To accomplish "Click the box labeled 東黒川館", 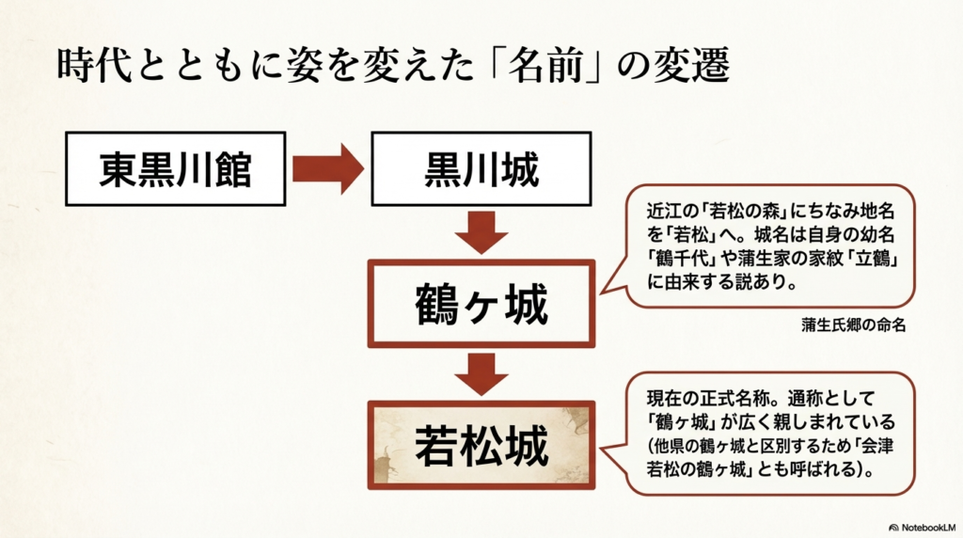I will pos(176,170).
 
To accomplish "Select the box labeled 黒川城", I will pos(481,170).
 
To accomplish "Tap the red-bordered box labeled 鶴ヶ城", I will pos(481,306).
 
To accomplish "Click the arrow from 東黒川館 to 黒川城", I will pos(326,170).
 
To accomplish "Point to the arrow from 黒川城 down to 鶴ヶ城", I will pos(481,232).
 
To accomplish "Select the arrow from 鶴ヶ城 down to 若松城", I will pos(481,373).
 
